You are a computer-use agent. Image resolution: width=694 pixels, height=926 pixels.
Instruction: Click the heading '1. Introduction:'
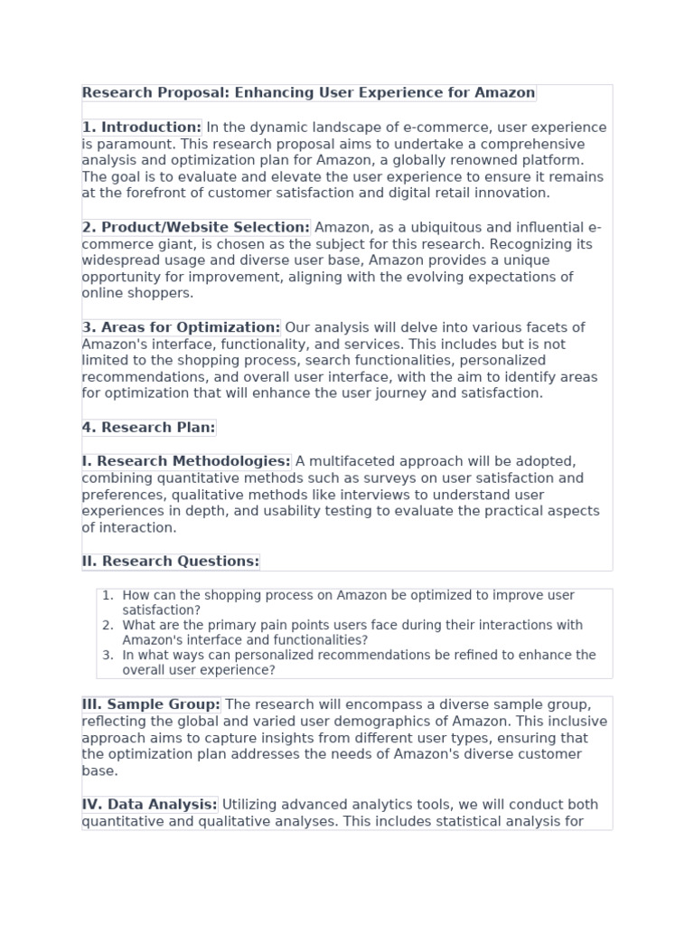coord(142,128)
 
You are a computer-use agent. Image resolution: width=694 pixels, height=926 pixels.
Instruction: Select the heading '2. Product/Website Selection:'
coord(196,227)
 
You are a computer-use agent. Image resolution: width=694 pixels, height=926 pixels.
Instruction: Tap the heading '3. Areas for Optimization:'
coord(182,327)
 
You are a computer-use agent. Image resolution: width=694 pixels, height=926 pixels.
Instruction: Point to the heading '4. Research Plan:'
coord(149,428)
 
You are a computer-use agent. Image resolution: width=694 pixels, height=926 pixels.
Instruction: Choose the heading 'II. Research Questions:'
coord(171,562)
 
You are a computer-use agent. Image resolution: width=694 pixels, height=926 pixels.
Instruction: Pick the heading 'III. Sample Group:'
coord(152,704)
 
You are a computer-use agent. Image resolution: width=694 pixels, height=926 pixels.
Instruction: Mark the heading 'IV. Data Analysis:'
coord(150,805)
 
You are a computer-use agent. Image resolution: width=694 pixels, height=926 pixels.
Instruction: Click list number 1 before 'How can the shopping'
coord(108,596)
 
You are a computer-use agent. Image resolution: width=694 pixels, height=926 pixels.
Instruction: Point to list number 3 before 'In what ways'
coord(108,656)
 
